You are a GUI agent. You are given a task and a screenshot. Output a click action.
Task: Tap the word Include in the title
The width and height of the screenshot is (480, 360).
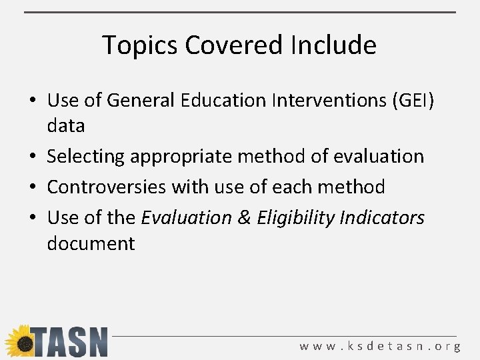pyautogui.click(x=333, y=45)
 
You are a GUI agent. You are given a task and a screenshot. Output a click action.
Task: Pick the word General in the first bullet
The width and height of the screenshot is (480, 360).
pyautogui.click(x=139, y=101)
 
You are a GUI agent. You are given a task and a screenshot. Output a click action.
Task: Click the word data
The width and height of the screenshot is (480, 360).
pyautogui.click(x=66, y=126)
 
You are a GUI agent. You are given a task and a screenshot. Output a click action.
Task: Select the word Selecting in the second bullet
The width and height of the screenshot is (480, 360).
pyautogui.click(x=86, y=157)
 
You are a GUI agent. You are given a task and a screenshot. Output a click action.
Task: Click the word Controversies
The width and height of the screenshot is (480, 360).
pyautogui.click(x=107, y=187)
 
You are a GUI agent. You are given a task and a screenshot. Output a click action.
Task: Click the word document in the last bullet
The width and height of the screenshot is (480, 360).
pyautogui.click(x=91, y=243)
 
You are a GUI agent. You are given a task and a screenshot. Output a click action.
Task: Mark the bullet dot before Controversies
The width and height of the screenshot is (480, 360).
pyautogui.click(x=33, y=187)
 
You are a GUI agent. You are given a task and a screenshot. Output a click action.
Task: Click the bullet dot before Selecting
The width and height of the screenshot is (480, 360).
pyautogui.click(x=33, y=157)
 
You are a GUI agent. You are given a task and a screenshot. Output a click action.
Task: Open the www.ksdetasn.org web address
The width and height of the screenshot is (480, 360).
pyautogui.click(x=380, y=346)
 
